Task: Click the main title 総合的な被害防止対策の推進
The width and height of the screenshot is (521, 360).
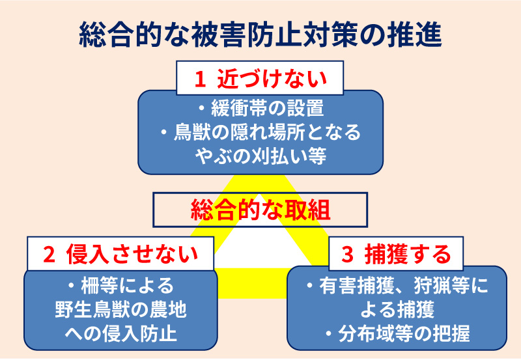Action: coord(260,35)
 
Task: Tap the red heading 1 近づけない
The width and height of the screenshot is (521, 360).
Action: coord(260,79)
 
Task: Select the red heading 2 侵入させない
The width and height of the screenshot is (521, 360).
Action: coord(120,255)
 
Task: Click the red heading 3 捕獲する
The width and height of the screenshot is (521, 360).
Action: coord(396,255)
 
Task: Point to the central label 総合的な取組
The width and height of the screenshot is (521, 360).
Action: coord(260,210)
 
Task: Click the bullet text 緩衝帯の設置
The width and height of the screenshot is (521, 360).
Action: coord(260,108)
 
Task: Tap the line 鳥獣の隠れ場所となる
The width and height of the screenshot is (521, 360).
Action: coord(260,132)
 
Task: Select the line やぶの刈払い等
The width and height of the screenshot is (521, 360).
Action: coord(260,156)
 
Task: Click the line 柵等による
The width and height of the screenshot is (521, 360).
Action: coord(120,286)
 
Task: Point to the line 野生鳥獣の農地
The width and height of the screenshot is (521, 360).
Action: coord(120,309)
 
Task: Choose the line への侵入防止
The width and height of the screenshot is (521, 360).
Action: coord(120,333)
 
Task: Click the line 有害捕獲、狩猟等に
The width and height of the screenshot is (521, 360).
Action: coord(397,286)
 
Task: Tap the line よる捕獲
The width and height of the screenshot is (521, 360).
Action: coord(397,309)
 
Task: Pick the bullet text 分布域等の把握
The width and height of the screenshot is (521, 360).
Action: coord(397,333)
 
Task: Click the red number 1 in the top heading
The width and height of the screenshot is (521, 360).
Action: coord(200,79)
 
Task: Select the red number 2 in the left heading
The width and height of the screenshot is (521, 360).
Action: coord(49,255)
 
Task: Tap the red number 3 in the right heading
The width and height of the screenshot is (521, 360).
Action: coord(348,255)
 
